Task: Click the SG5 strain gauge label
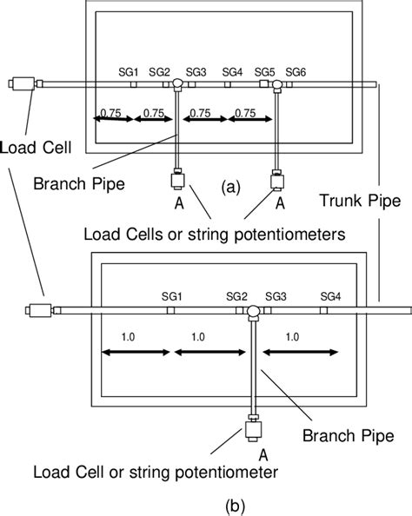265,71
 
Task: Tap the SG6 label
296,71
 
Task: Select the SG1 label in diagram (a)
129,71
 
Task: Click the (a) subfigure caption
229,185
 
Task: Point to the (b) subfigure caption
206,505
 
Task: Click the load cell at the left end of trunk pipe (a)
19,84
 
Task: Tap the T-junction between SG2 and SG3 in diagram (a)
176,84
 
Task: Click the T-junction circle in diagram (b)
252,311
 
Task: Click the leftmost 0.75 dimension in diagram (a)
110,112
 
